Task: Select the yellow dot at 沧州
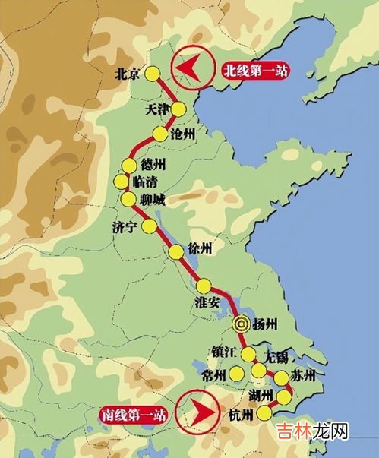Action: [159, 134]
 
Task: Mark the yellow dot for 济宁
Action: [150, 226]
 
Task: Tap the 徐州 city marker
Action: [175, 252]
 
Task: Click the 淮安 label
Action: [207, 302]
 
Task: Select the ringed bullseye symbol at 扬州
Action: [242, 323]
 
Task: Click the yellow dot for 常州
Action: [238, 374]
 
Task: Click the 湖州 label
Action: [261, 395]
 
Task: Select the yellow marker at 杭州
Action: [264, 412]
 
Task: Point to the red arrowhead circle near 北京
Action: [191, 69]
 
